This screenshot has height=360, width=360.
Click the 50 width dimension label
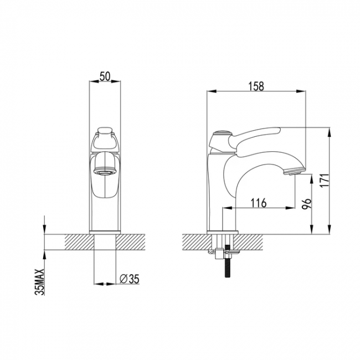[105, 76]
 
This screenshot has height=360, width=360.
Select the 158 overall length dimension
[256, 86]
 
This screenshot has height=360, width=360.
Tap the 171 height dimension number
[325, 181]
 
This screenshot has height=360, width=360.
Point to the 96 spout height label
[307, 203]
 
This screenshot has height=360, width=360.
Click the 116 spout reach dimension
[258, 203]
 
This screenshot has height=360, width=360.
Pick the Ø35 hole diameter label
[130, 279]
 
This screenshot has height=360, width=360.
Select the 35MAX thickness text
[39, 282]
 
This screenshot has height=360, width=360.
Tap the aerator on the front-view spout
[105, 172]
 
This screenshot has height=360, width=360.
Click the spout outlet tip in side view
[294, 171]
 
